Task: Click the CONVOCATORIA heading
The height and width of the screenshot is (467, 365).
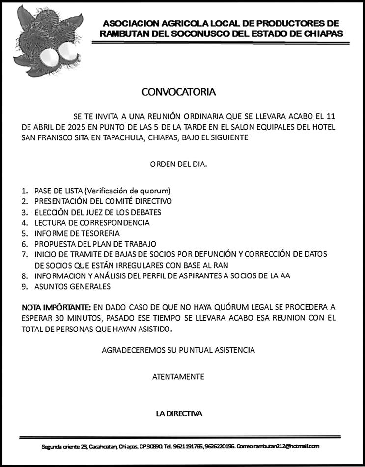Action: pos(178,92)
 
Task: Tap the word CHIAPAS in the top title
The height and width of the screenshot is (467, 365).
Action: pos(319,33)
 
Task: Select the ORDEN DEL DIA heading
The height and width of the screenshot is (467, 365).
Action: pos(178,165)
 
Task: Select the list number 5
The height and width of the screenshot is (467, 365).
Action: pos(23,233)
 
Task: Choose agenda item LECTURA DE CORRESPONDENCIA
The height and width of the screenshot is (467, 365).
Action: pos(91,222)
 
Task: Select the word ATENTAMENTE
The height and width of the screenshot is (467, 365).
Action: pos(178,377)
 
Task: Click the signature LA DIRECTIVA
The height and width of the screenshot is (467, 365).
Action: pos(179,413)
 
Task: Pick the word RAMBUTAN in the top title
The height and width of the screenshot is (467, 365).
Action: pos(122,33)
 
